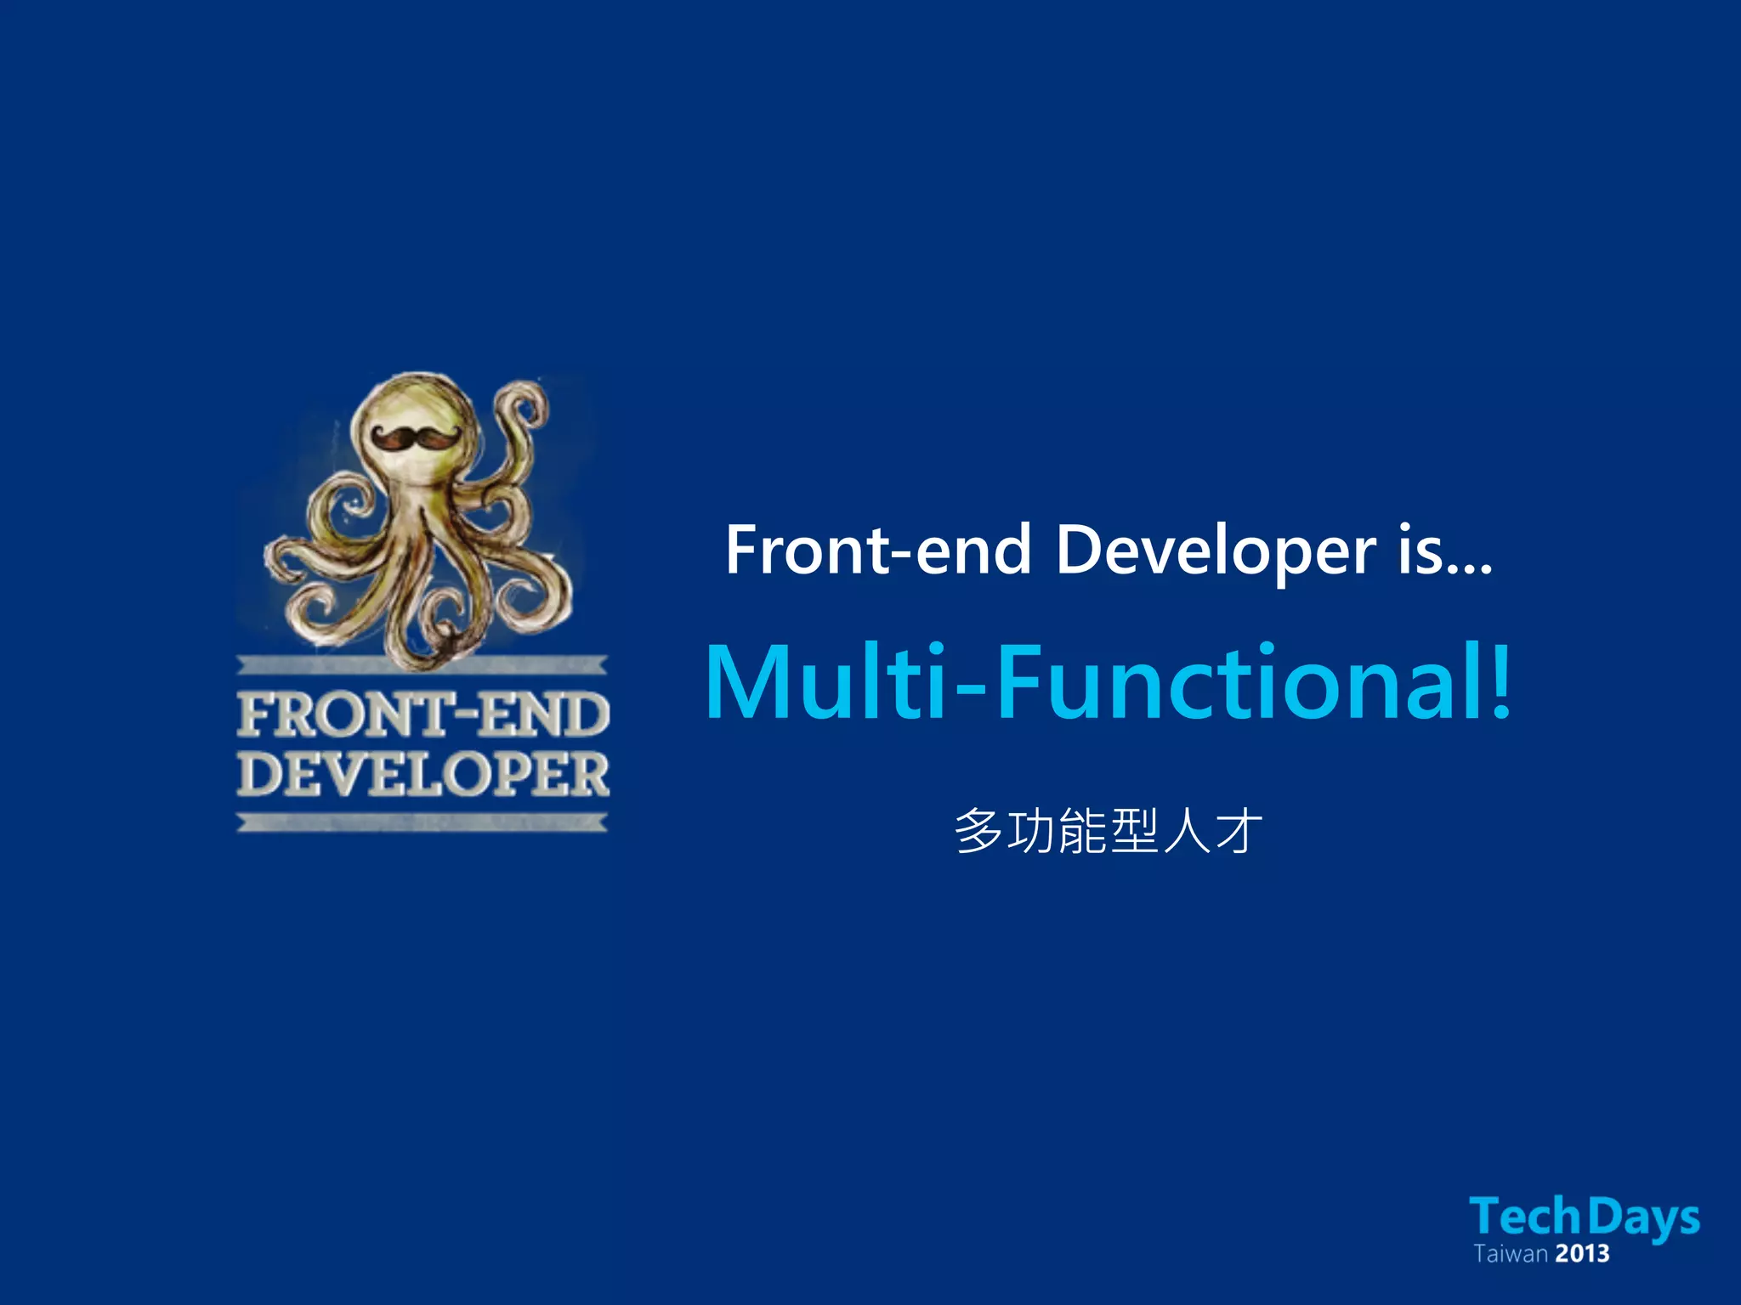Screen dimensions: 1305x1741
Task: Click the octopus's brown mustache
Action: tap(415, 438)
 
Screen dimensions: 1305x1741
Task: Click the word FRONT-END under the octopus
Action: tap(422, 715)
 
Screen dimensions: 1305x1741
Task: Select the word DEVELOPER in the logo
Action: tap(422, 774)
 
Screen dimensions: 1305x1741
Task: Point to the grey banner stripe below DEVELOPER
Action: tap(422, 822)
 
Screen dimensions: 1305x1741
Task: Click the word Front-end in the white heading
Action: tap(877, 551)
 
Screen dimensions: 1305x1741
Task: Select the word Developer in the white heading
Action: tap(1216, 551)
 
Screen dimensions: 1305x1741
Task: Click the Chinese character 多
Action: tap(978, 830)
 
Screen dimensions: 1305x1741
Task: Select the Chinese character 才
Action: tap(1238, 830)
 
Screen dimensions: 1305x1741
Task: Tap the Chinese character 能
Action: tap(1082, 830)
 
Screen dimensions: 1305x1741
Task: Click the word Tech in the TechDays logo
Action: tap(1524, 1217)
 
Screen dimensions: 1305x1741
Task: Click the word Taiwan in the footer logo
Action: tap(1510, 1254)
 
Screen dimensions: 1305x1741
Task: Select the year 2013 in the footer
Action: tap(1582, 1254)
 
